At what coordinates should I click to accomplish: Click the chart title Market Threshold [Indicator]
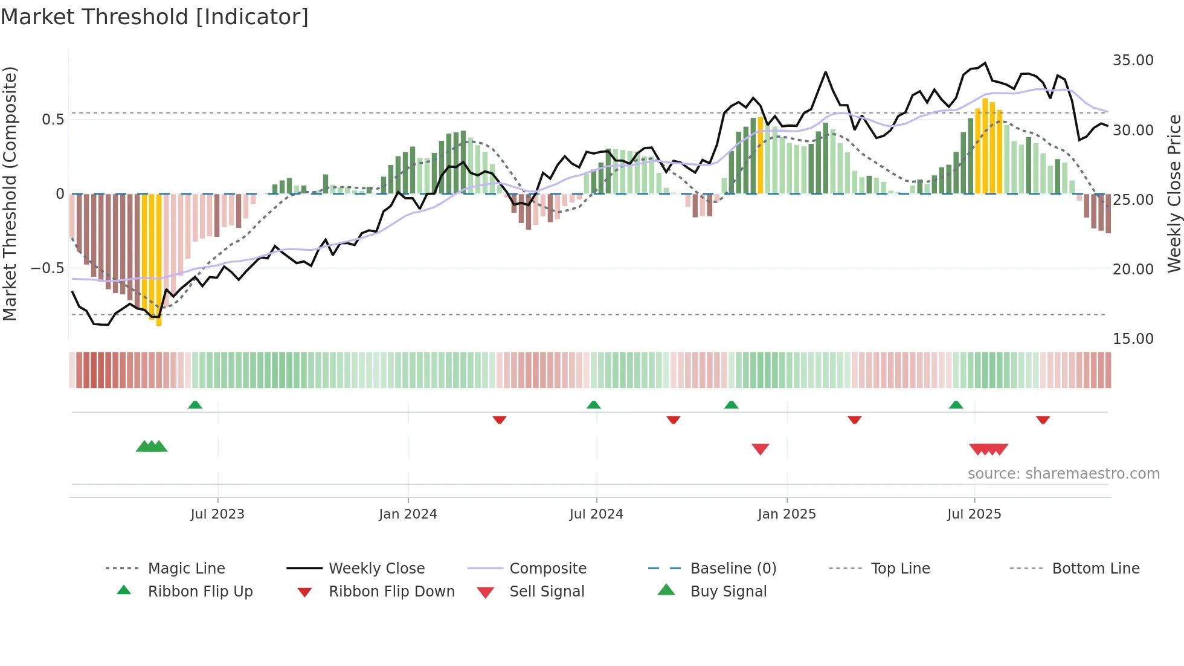[x=155, y=17]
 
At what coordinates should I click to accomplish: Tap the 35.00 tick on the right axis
[x=1133, y=60]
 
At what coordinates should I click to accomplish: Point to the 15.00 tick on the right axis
[x=1133, y=339]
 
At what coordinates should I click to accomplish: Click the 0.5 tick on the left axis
[x=53, y=120]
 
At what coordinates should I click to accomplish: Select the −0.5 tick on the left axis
[x=48, y=268]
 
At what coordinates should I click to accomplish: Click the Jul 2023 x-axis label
[x=217, y=514]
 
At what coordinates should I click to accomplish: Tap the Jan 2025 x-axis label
[x=787, y=514]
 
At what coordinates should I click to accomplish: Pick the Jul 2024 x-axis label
[x=596, y=514]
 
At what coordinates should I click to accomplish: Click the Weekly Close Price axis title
[x=1174, y=193]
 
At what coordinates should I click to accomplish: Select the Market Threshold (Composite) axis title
[x=10, y=193]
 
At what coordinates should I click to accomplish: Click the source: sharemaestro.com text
[x=1063, y=474]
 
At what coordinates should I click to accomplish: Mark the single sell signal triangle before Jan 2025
[x=760, y=449]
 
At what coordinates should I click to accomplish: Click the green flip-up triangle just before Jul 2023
[x=195, y=405]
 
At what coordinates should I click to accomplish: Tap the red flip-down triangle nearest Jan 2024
[x=499, y=419]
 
